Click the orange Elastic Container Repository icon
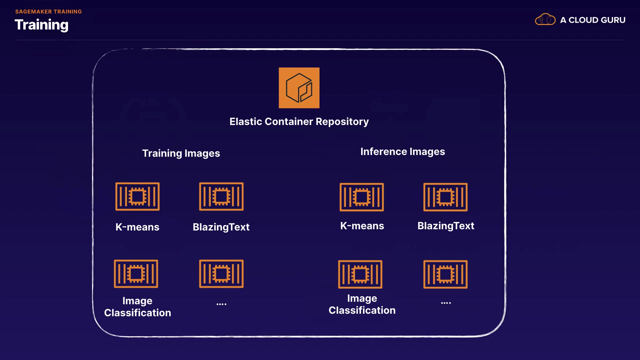tap(299, 88)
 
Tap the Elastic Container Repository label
tap(299, 122)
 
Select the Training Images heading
tap(181, 153)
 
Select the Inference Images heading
tap(403, 152)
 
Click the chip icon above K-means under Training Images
tap(137, 196)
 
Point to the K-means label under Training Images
tap(137, 227)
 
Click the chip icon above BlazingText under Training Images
tap(221, 196)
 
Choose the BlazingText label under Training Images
tap(221, 227)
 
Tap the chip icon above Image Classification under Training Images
tap(136, 274)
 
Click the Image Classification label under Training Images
tap(137, 307)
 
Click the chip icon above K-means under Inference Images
tap(362, 197)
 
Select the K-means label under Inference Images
tap(362, 226)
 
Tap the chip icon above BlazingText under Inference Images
tap(445, 197)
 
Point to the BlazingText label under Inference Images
tap(446, 226)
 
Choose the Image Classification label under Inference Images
tap(362, 304)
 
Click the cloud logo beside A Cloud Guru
tap(545, 19)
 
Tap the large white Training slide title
tap(42, 25)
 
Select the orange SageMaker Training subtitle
tap(49, 12)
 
